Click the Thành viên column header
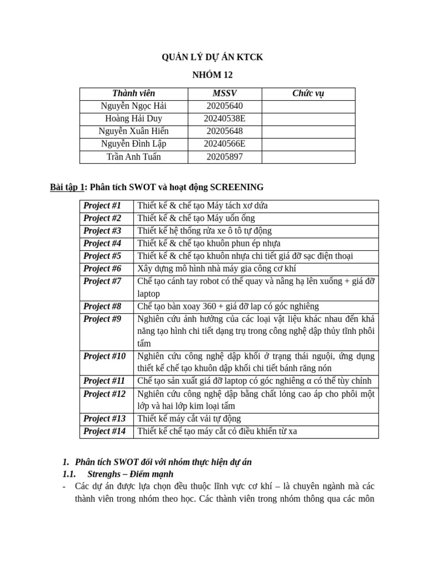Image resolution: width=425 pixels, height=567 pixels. coord(133,93)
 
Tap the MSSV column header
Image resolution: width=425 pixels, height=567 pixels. coord(224,93)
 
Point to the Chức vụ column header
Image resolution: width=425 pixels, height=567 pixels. coord(308,93)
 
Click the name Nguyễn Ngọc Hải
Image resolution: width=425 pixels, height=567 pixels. coord(133,106)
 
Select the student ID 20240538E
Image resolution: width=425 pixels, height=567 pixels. coord(224,118)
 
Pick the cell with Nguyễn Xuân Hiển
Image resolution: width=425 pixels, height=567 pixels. coord(133,131)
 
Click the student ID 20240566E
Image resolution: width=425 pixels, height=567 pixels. coord(224,144)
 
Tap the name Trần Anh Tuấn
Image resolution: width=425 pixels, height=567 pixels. coord(133,157)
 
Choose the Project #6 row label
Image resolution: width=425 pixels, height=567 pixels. coord(102,269)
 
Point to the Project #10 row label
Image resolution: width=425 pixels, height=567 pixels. coord(105,356)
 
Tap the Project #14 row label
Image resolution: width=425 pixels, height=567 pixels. coord(105,431)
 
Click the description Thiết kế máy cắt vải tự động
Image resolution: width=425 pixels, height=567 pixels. coord(189,419)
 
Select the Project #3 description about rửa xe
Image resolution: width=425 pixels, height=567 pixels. coord(204,231)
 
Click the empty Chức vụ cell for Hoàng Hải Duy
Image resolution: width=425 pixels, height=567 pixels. coord(308,118)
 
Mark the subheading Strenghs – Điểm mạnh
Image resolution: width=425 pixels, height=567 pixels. coord(130,474)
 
